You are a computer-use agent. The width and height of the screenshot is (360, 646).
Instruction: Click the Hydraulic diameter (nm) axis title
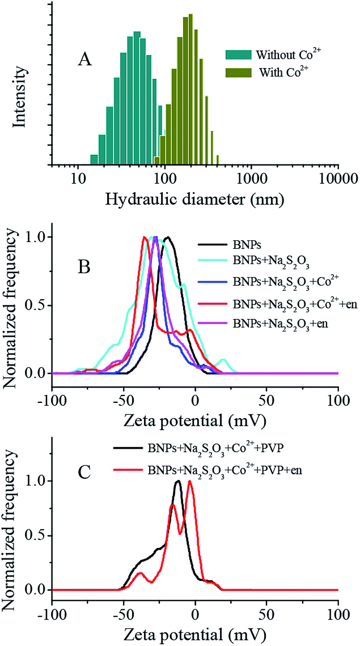point(194,199)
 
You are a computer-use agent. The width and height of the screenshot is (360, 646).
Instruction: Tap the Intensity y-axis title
point(20,88)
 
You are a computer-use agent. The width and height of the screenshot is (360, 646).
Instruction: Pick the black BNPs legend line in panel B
point(210,245)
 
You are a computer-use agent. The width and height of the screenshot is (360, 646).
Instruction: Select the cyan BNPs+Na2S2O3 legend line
point(210,262)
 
